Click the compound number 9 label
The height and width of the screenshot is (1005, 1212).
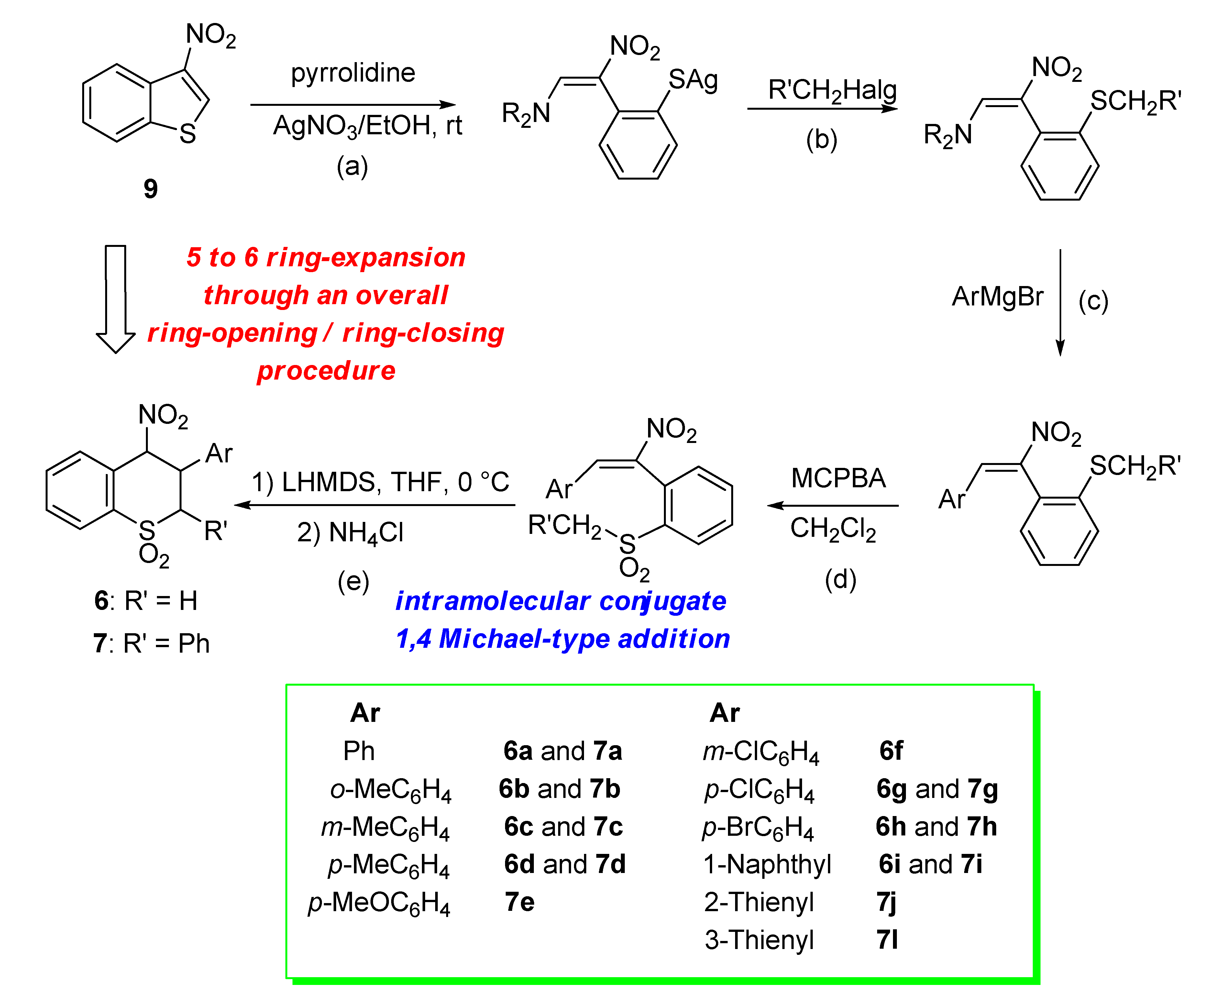[151, 189]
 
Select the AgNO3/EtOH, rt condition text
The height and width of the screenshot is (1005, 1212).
[367, 125]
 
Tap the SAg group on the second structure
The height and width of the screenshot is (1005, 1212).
[693, 80]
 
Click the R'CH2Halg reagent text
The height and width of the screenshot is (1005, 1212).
[832, 91]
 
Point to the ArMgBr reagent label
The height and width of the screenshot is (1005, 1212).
[997, 297]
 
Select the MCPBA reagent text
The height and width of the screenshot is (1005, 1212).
[838, 478]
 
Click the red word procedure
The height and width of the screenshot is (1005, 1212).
[326, 370]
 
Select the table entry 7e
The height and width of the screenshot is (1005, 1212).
[519, 902]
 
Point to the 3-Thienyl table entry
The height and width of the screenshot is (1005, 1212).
[759, 940]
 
